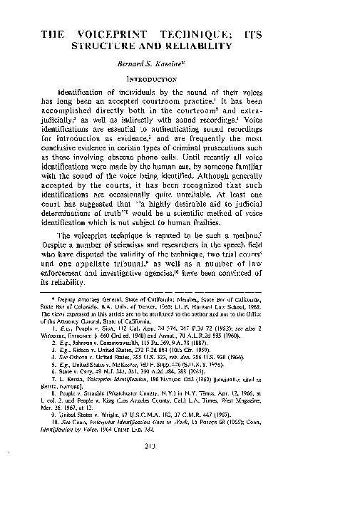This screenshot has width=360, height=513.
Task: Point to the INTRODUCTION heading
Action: click(x=180, y=79)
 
